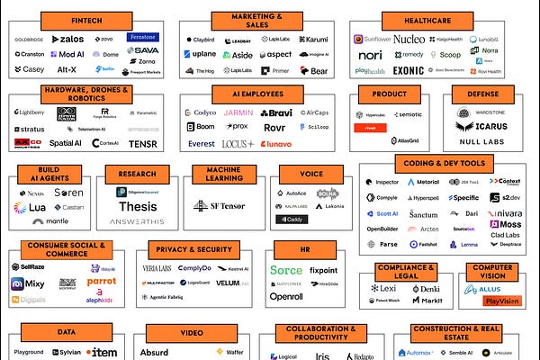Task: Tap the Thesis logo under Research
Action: tap(138, 206)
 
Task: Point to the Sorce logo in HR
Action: tap(286, 269)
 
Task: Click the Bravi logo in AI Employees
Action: tap(276, 113)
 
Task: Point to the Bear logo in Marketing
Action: tap(317, 70)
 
